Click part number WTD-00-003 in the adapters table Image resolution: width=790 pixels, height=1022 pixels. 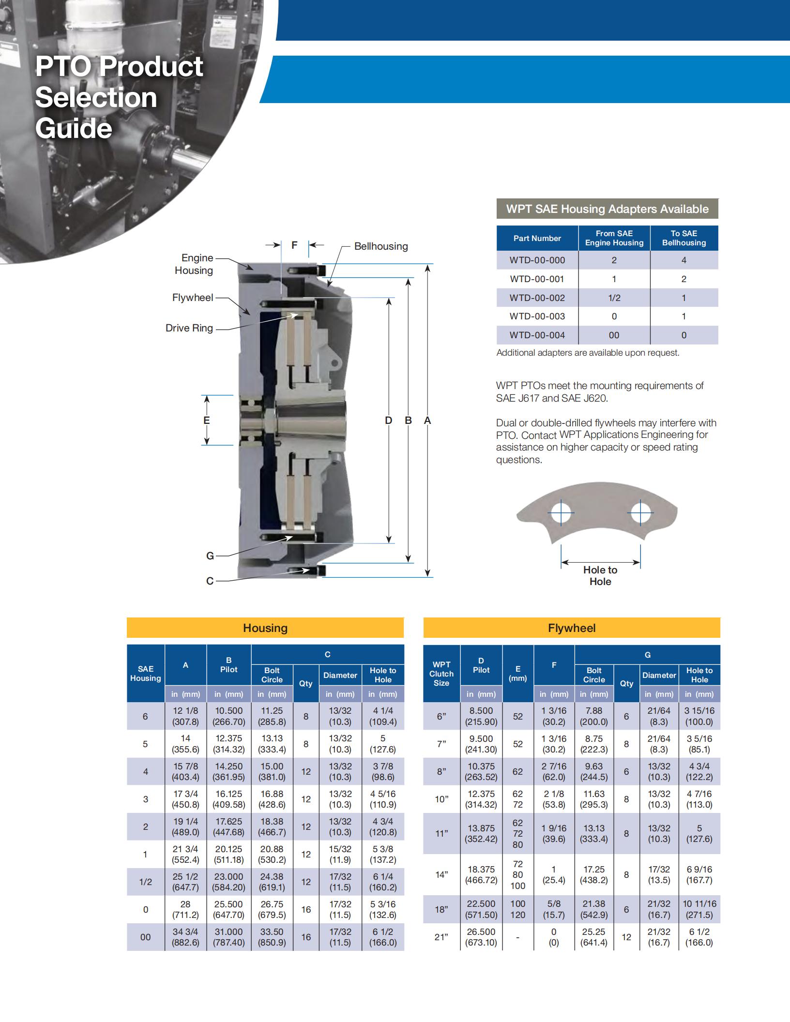pos(537,316)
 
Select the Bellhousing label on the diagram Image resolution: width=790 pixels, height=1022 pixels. pos(380,246)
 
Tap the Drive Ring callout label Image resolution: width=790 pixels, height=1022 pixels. pos(189,328)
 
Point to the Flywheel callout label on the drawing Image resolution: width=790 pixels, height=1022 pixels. pos(192,298)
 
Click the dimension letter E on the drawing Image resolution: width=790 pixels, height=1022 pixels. pos(206,420)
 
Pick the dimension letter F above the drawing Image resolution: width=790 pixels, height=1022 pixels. pos(294,245)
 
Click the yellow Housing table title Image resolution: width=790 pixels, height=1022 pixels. pos(265,628)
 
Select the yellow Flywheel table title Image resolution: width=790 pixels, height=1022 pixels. pos(571,628)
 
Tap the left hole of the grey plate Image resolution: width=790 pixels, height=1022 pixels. pos(562,513)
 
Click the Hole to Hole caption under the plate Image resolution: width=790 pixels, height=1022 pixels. pos(600,576)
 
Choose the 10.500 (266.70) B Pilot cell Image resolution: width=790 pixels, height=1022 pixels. pos(228,716)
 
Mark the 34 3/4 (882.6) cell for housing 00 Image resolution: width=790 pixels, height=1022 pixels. pos(185,937)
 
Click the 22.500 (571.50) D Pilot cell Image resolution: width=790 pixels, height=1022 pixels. pos(481,909)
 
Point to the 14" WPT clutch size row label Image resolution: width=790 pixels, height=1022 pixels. pos(441,874)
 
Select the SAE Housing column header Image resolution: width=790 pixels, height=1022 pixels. pos(145,673)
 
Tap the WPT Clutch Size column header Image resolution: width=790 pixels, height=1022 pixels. pos(441,673)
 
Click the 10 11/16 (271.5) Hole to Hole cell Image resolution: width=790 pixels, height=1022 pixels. pos(699,909)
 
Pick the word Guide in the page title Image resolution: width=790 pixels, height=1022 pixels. pos(74,129)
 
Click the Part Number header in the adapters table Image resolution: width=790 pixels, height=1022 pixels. pos(537,238)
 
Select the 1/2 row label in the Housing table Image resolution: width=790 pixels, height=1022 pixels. pos(145,882)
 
